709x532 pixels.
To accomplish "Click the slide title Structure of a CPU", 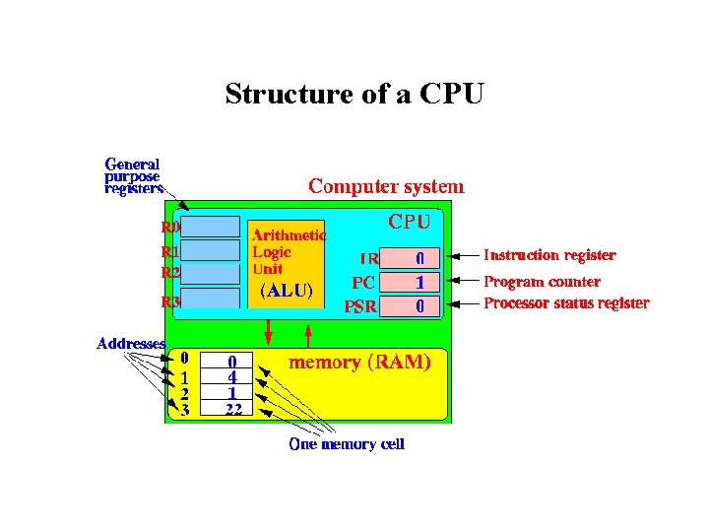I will pos(354,94).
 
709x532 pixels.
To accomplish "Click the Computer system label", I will pos(386,185).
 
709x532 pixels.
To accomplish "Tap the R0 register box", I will pos(211,227).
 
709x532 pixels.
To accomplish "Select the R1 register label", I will pos(170,250).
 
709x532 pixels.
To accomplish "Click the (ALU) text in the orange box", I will pos(287,291).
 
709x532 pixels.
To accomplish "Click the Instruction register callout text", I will pos(549,255).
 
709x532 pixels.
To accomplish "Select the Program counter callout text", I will pos(542,281).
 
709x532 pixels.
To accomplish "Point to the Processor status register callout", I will pos(566,303).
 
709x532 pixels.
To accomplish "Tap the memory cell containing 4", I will pos(232,376).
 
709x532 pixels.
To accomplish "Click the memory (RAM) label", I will pos(358,362).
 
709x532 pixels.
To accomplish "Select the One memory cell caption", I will pos(347,444).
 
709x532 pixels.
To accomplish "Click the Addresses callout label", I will pos(130,344).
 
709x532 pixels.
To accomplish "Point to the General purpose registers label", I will pos(133,176).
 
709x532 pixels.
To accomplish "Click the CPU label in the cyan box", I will pos(408,222).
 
